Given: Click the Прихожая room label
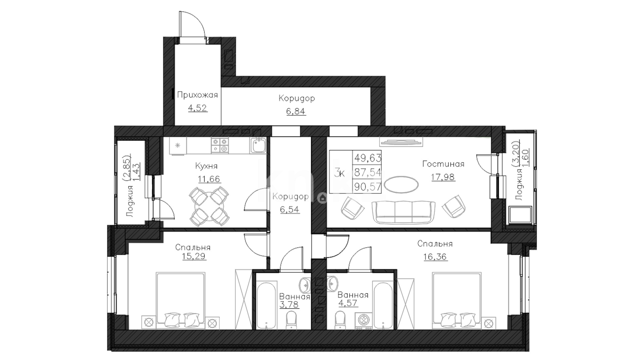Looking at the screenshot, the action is click(x=197, y=95).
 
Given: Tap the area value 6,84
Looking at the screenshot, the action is click(x=296, y=111).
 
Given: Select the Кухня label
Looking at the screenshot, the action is click(x=206, y=166).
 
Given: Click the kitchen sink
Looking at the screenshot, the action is click(x=258, y=145).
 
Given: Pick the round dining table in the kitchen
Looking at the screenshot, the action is click(x=209, y=206).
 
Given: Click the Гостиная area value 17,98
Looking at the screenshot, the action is click(x=443, y=177).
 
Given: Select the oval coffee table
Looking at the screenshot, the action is click(x=401, y=184).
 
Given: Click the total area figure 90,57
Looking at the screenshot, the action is click(x=368, y=186).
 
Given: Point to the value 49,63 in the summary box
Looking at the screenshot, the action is click(x=368, y=157).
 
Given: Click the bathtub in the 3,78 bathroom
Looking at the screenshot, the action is click(x=266, y=306).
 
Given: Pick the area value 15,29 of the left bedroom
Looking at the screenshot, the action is click(x=193, y=257).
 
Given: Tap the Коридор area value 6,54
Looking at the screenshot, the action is click(x=290, y=209).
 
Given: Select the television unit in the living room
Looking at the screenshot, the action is click(x=401, y=142).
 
